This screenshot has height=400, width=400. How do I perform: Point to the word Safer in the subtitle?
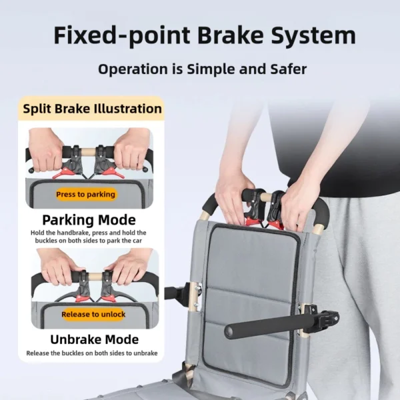pyautogui.click(x=285, y=69)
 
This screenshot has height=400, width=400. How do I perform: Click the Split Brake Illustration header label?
pyautogui.click(x=92, y=109)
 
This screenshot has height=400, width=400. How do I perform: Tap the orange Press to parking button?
pyautogui.click(x=85, y=195)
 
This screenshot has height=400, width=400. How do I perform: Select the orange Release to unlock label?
pyautogui.click(x=93, y=314)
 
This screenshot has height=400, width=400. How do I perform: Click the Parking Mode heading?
pyautogui.click(x=89, y=220)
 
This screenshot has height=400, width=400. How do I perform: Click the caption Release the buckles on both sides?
pyautogui.click(x=92, y=353)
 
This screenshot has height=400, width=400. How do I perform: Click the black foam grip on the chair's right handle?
pyautogui.click(x=321, y=211)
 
